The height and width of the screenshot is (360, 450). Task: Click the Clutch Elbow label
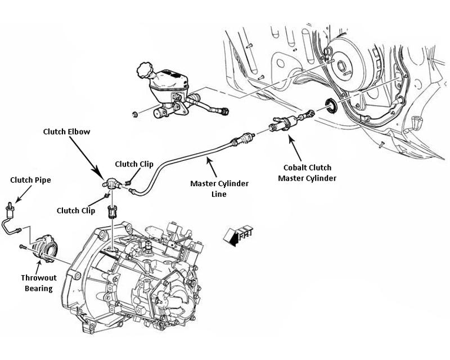[67, 132]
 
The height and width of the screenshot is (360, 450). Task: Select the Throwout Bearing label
[37, 283]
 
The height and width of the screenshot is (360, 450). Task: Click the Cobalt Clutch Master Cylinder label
[315, 173]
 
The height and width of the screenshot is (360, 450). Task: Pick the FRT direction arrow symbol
[237, 236]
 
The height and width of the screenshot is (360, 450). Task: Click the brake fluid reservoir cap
[143, 71]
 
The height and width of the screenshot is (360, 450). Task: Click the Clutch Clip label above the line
[134, 164]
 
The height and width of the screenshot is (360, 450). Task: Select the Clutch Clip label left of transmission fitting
[75, 210]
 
